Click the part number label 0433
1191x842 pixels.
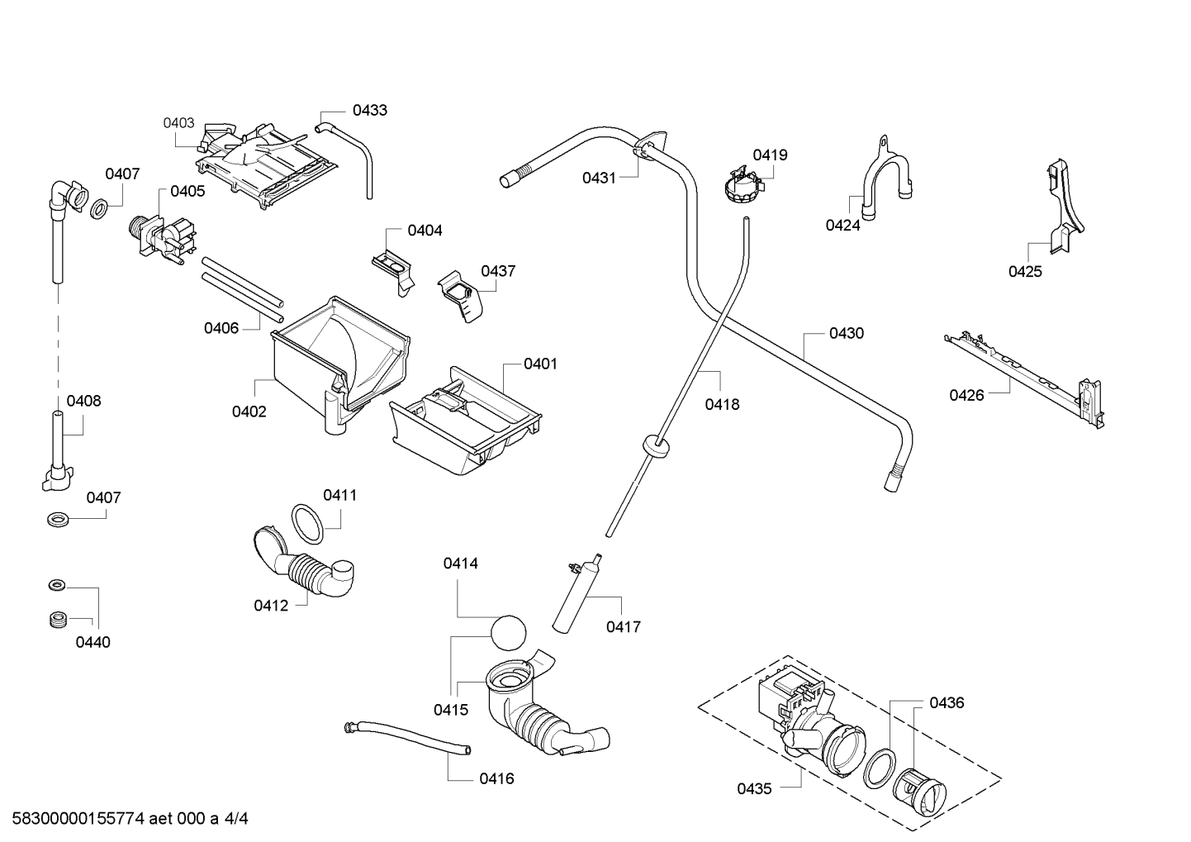(x=369, y=110)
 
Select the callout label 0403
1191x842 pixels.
(x=178, y=123)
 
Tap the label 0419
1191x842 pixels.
(x=770, y=155)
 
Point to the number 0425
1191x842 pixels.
(x=1025, y=272)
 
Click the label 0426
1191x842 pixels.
(x=966, y=395)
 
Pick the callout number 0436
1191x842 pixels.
(x=947, y=702)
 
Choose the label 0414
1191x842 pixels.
(x=460, y=564)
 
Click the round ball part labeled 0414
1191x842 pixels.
(x=508, y=632)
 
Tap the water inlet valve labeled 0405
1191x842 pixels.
(x=162, y=238)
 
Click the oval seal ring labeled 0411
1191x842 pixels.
(x=307, y=524)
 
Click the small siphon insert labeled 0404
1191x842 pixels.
(x=394, y=271)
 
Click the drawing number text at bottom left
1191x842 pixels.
(x=130, y=818)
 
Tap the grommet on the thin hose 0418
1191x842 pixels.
(x=657, y=445)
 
